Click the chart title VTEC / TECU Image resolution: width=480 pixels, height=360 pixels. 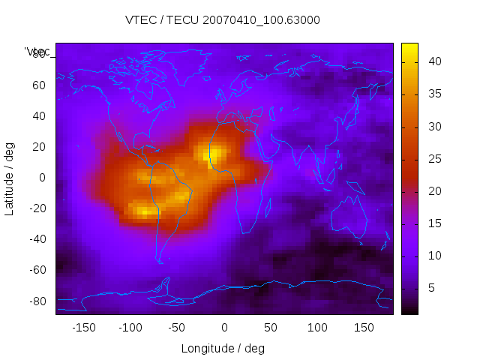[x=223, y=20]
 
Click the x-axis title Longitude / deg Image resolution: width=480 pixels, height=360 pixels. [x=223, y=348]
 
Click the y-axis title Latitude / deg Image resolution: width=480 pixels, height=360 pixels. [x=10, y=178]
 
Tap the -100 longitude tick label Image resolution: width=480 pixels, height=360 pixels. [x=130, y=327]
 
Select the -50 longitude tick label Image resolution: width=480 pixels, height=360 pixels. [x=177, y=327]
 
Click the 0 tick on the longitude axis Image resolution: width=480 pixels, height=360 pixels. [x=224, y=327]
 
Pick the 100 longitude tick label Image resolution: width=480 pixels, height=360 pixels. [x=318, y=327]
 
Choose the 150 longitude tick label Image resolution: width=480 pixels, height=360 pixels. [x=364, y=327]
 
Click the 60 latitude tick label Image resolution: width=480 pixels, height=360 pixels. [x=39, y=85]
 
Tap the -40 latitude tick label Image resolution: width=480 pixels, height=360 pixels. [x=36, y=239]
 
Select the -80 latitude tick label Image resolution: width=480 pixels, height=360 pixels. [x=36, y=301]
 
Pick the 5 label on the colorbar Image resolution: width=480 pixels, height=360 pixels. [x=432, y=287]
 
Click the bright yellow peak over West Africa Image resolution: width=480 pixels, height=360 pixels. [x=214, y=155]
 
